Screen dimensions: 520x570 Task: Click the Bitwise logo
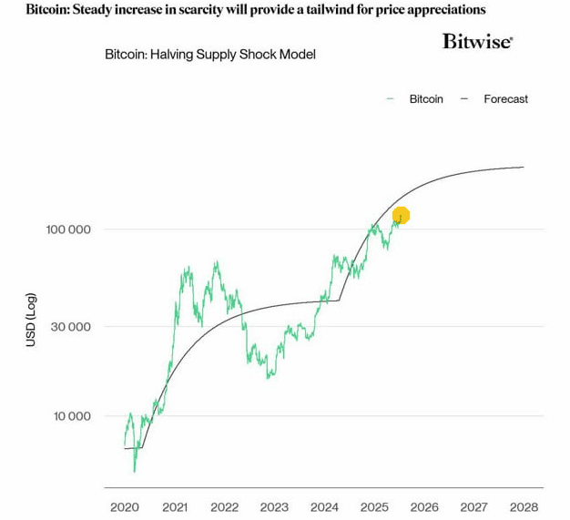pos(477,41)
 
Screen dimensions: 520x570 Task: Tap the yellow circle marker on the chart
pos(401,216)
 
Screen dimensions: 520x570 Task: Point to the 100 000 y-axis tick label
pos(68,229)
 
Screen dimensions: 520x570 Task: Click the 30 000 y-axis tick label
pos(71,327)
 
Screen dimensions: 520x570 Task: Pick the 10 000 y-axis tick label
pos(71,416)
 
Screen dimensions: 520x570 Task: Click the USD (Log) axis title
pos(31,320)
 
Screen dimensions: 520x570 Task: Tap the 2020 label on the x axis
pos(125,506)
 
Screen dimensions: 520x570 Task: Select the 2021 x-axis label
pos(175,506)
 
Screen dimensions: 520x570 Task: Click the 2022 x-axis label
pos(225,506)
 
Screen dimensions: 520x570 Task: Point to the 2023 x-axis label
pos(274,506)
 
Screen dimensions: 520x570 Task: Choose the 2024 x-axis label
pos(324,506)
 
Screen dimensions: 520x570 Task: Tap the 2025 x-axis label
pos(374,506)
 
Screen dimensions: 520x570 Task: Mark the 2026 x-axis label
pos(424,506)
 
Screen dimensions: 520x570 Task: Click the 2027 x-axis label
pos(473,506)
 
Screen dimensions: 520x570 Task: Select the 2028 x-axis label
pos(524,506)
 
